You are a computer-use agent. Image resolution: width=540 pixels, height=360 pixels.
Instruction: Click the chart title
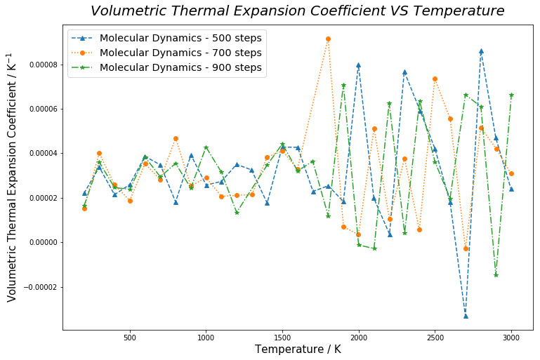point(297,11)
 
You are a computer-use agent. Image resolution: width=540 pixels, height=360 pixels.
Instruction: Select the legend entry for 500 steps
point(180,38)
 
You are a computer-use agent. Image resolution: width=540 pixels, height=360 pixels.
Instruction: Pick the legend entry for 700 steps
point(180,53)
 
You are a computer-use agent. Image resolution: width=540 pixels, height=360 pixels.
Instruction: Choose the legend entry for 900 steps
point(180,67)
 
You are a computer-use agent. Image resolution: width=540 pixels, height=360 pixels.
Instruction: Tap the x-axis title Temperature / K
point(298,349)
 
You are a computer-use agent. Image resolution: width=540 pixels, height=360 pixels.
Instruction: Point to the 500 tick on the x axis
point(130,338)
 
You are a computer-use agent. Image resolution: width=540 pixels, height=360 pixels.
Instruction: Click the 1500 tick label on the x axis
point(282,338)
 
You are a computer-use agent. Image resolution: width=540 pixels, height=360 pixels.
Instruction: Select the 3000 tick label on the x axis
point(511,338)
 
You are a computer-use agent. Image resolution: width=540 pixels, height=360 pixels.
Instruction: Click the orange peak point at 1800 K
point(328,39)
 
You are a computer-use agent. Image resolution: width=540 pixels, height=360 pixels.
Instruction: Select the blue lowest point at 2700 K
point(466,316)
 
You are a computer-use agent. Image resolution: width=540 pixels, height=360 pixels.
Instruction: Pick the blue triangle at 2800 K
point(481,51)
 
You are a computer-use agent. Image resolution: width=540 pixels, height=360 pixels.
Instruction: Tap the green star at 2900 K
point(496,274)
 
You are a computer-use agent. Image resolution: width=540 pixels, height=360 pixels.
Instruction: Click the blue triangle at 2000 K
point(359,65)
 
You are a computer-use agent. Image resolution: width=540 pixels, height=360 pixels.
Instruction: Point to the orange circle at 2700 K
point(466,248)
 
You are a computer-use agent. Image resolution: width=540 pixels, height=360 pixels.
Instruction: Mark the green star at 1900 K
point(343,86)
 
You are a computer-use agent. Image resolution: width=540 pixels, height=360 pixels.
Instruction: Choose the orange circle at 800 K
point(176,138)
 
